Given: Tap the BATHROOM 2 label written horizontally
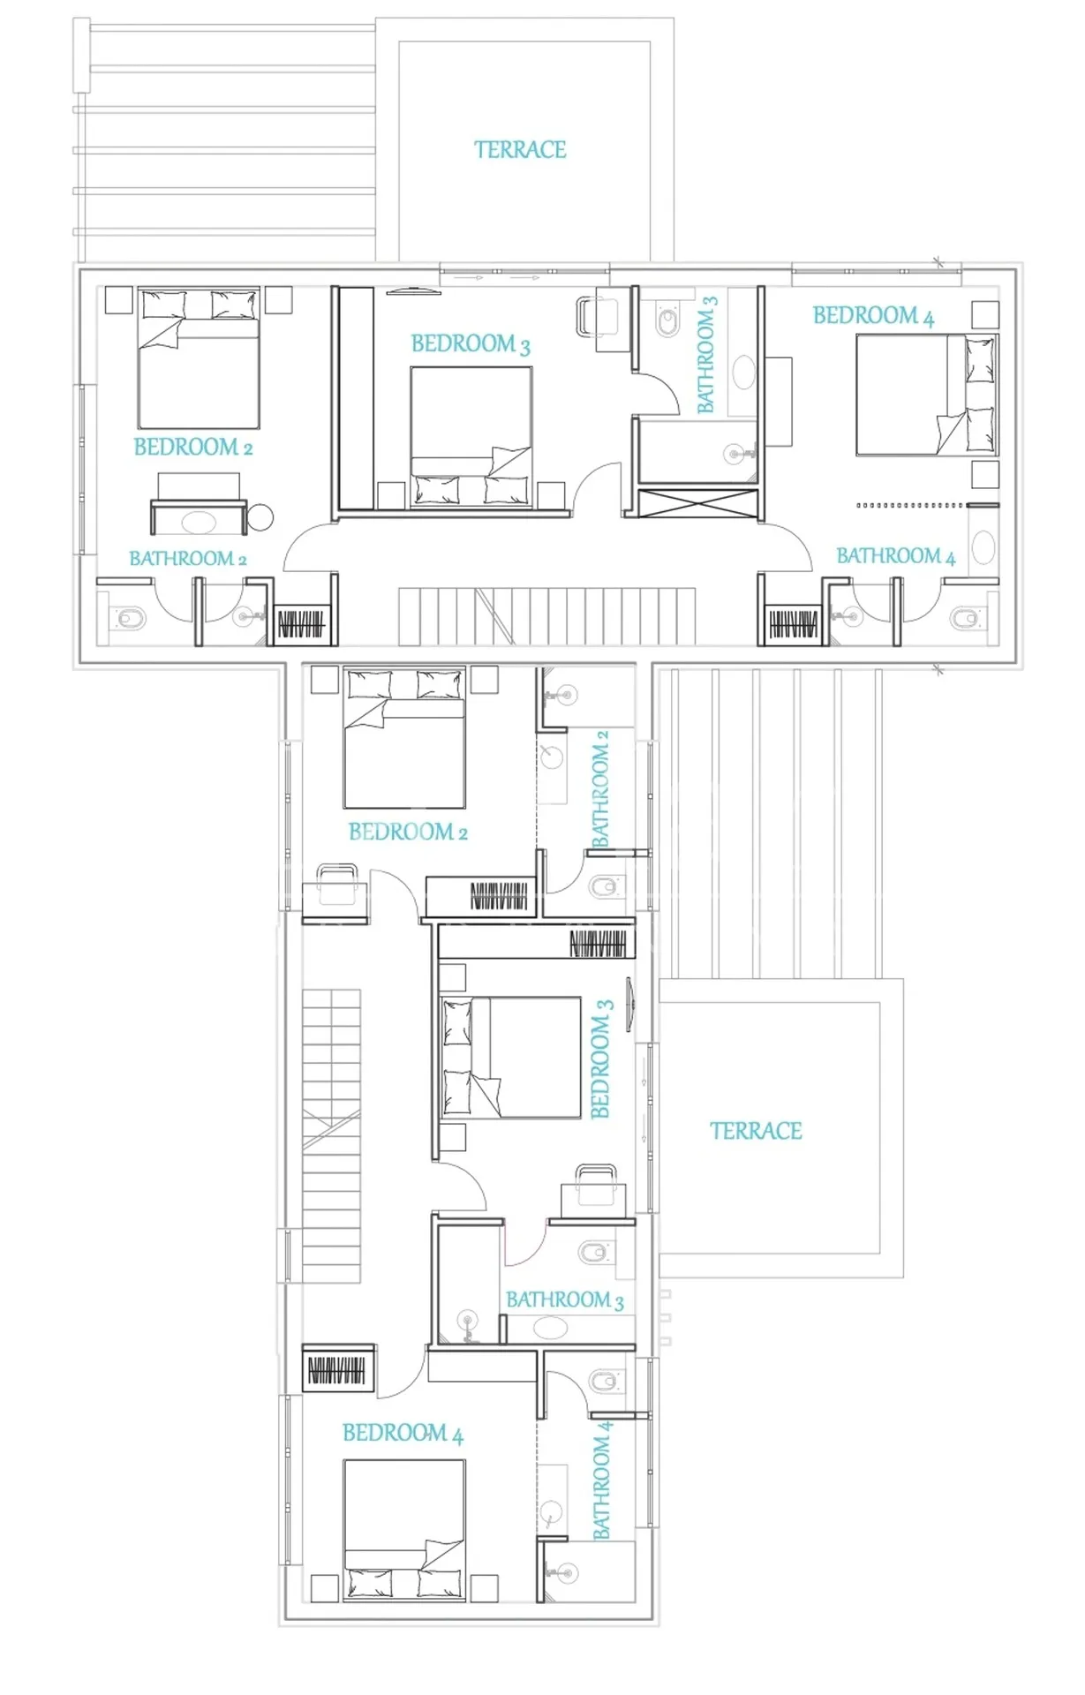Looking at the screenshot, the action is click(x=188, y=558).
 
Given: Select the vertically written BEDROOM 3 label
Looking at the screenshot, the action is click(x=601, y=1058).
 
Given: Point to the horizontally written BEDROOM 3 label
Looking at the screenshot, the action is click(x=471, y=343).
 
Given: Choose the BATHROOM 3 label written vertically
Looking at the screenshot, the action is click(x=707, y=354).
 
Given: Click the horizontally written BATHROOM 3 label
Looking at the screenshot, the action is click(x=565, y=1299).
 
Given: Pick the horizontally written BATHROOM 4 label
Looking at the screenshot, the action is click(x=896, y=556).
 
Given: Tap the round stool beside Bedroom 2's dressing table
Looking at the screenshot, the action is click(x=260, y=517).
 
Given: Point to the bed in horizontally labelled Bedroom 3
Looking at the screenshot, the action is click(x=471, y=436).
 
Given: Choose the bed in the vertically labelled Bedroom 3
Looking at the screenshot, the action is click(x=510, y=1058).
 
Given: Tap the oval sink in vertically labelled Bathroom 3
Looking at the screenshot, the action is click(x=744, y=373).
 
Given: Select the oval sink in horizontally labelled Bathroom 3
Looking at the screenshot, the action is click(x=549, y=1327).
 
